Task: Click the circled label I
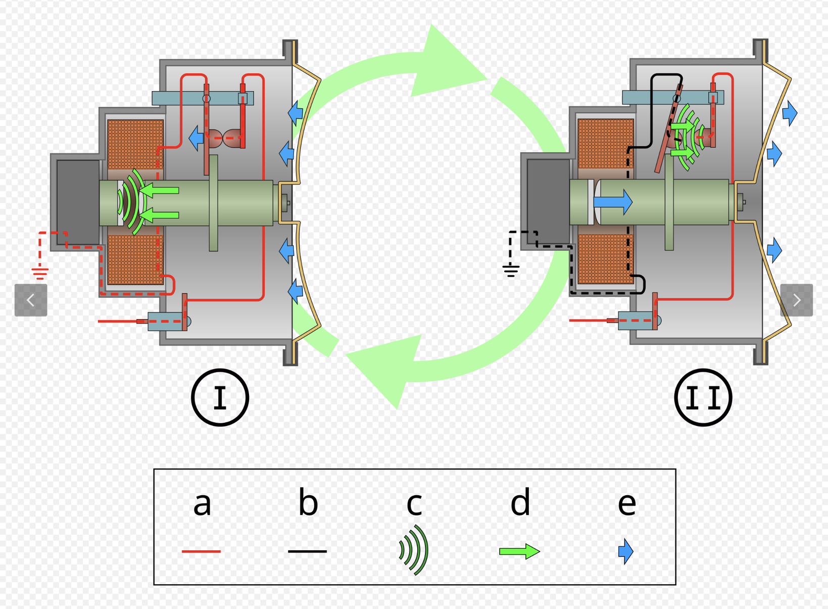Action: (x=220, y=398)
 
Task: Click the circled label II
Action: (x=703, y=398)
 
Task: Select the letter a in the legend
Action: (x=202, y=503)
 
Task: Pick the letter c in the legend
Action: (x=414, y=504)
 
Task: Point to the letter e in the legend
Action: (x=626, y=504)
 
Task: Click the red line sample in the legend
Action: (x=201, y=551)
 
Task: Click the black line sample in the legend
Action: (x=307, y=551)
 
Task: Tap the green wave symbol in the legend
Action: (x=414, y=550)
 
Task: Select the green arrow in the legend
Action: (x=519, y=551)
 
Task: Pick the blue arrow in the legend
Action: (x=625, y=551)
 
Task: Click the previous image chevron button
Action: (x=31, y=300)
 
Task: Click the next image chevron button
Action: (x=797, y=300)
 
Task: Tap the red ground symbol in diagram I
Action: (x=40, y=272)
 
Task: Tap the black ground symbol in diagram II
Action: (x=511, y=271)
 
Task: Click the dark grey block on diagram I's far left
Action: (x=77, y=202)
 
